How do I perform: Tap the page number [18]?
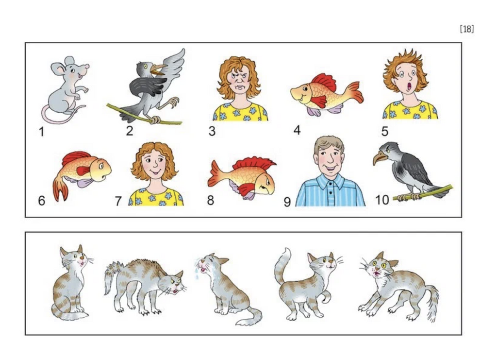pos(466,29)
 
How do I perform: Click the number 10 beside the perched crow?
pos(382,200)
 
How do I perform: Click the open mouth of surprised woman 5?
pos(410,86)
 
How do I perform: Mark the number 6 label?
pos(42,201)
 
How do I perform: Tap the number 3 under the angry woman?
pos(212,131)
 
